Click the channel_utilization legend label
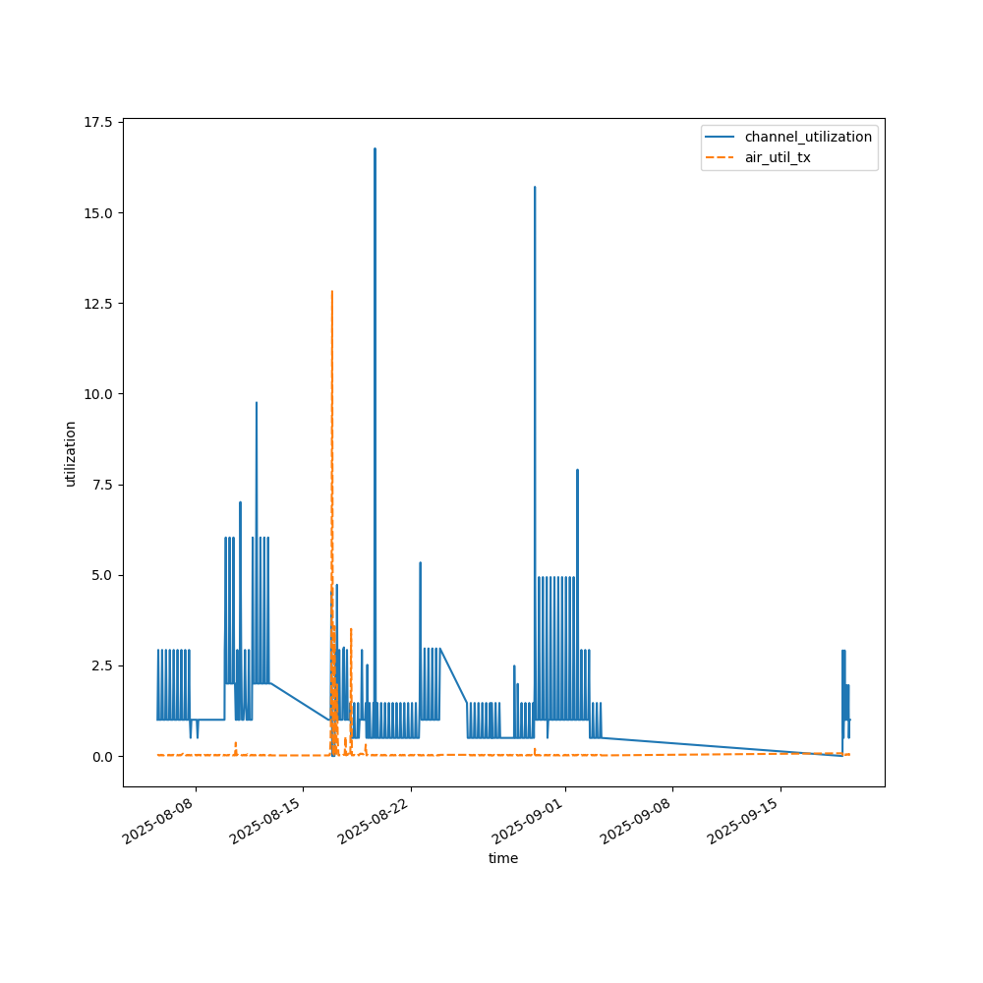808,137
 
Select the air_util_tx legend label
778,157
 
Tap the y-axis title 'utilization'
70,453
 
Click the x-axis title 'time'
503,858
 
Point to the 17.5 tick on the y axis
98,122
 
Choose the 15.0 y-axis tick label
98,212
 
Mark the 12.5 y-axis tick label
98,303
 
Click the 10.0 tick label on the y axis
98,394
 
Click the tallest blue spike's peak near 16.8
375,148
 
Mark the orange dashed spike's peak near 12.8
332,291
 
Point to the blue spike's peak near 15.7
535,187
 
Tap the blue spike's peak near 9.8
257,402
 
